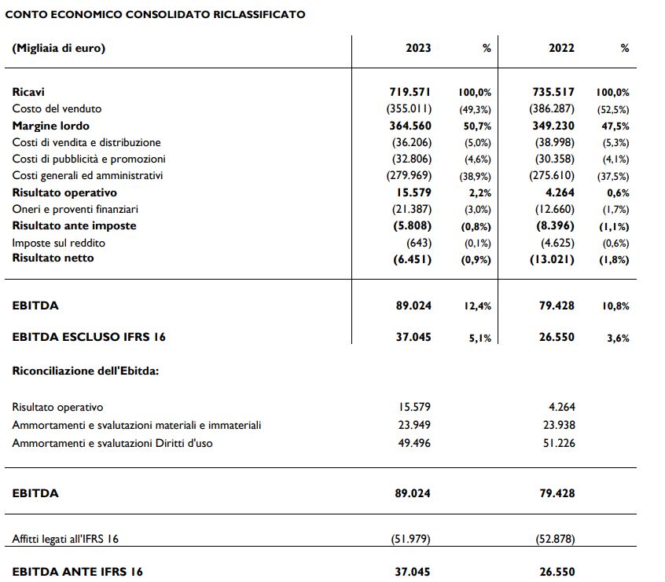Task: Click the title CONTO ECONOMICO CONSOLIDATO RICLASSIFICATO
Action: click(x=156, y=14)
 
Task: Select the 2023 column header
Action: click(x=418, y=48)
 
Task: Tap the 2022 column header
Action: click(x=561, y=48)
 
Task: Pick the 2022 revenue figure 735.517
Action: click(x=553, y=92)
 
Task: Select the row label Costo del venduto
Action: click(x=57, y=108)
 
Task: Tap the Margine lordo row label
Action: click(x=50, y=126)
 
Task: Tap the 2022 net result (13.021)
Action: click(x=553, y=258)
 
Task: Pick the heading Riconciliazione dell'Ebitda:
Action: click(x=86, y=370)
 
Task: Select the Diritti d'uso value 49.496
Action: click(x=415, y=443)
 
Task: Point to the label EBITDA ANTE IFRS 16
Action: click(x=78, y=572)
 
